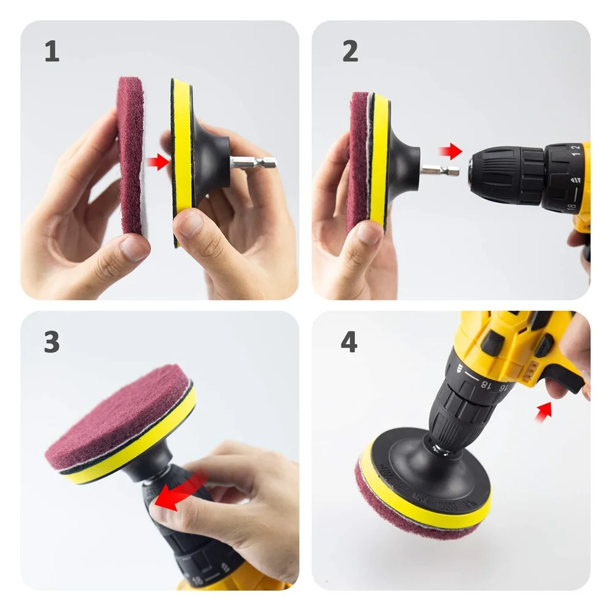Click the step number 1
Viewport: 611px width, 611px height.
(52, 52)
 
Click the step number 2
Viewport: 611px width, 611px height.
(350, 52)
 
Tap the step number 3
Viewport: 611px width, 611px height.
(52, 343)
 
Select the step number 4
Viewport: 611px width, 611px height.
(349, 343)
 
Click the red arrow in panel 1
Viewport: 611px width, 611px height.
(158, 162)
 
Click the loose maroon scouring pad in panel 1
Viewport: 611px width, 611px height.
(130, 153)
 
